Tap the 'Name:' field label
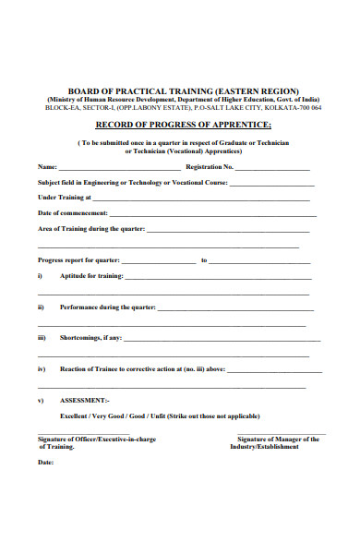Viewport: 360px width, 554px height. (46, 167)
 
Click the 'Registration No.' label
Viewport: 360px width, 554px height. (210, 167)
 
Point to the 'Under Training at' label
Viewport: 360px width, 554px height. (64, 198)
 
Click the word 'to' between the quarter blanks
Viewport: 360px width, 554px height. (204, 260)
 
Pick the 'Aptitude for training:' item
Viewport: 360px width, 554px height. (90, 276)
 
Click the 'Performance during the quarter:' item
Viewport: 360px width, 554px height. (107, 307)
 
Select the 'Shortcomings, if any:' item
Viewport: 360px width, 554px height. (90, 338)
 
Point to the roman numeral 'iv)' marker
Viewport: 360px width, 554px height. (42, 369)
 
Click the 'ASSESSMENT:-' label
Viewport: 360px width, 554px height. (85, 401)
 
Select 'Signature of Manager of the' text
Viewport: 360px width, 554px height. (278, 440)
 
